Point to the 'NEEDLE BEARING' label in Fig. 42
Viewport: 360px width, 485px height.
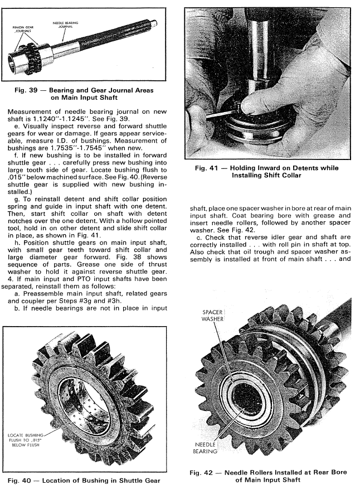click(206, 447)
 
